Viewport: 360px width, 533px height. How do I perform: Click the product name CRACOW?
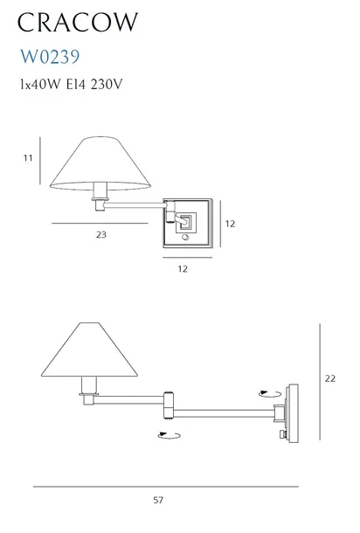[78, 23]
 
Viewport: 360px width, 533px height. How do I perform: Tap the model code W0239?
[50, 57]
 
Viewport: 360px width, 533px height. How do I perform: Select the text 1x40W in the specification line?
[40, 84]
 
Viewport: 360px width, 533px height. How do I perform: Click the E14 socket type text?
[75, 84]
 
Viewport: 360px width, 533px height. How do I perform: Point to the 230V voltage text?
[106, 84]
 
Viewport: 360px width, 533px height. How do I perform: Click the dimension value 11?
[28, 158]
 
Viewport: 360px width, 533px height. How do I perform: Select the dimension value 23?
[101, 234]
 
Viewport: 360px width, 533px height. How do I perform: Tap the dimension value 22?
[330, 378]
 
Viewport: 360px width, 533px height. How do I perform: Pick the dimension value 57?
[158, 500]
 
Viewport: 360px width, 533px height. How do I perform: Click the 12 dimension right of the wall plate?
[230, 224]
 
